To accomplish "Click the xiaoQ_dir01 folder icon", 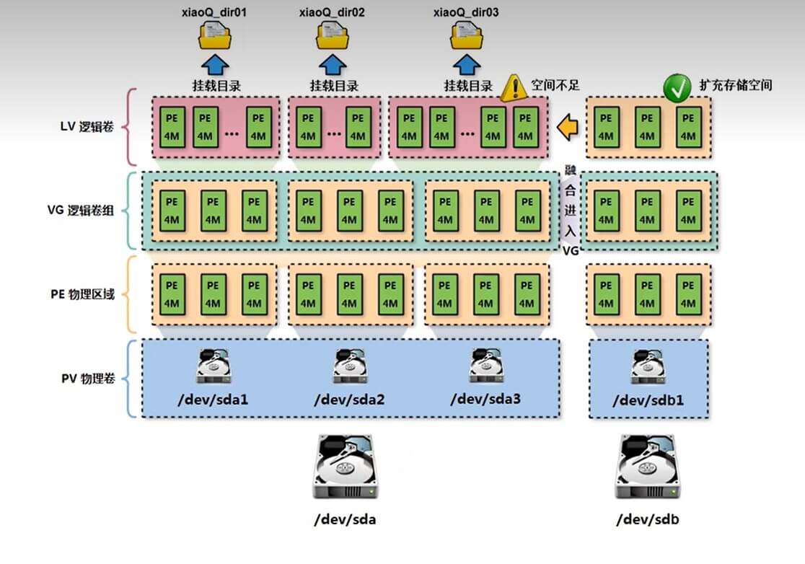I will click(214, 34).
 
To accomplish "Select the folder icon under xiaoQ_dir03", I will click(467, 34).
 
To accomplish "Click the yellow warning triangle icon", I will click(514, 88).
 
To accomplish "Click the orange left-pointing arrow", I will click(568, 128).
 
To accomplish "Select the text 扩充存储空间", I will click(736, 85).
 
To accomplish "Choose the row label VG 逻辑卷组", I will click(85, 211).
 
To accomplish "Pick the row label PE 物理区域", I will click(85, 295).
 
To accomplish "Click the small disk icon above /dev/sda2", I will click(349, 366).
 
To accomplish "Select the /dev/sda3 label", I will click(485, 398).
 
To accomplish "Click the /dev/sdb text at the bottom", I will click(647, 519).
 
